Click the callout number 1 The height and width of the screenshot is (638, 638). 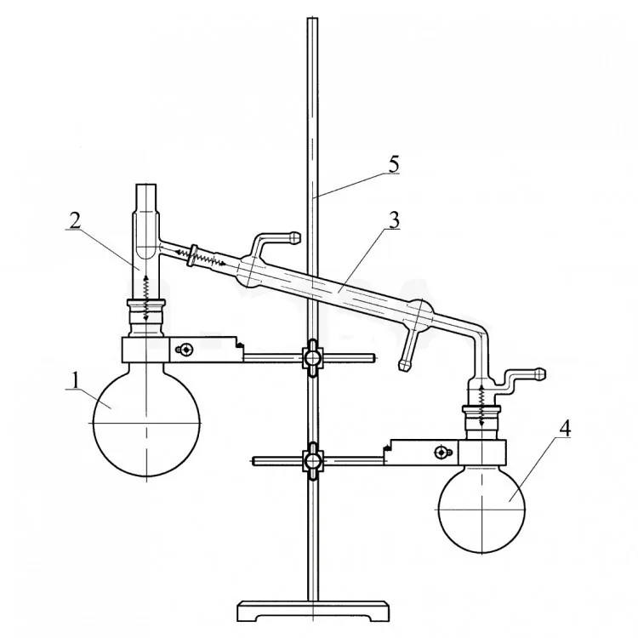tap(75, 380)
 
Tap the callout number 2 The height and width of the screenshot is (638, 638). tap(75, 220)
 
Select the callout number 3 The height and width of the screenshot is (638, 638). tap(394, 220)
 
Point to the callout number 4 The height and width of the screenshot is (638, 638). tap(565, 427)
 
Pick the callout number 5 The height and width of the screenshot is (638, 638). tap(394, 164)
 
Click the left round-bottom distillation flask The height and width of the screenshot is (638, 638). tap(146, 419)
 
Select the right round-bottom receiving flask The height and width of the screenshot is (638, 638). tap(481, 509)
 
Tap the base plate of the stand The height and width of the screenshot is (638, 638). tap(312, 610)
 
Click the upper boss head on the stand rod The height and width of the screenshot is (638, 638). tap(312, 358)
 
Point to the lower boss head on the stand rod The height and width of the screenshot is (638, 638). tap(312, 461)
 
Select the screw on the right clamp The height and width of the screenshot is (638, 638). tap(441, 452)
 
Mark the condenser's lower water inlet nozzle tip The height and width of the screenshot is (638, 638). tap(404, 366)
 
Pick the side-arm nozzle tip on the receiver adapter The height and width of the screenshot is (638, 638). tap(540, 373)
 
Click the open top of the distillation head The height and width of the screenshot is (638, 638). tap(145, 185)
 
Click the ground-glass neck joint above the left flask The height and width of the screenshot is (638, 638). tap(146, 318)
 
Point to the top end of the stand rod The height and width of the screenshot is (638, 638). tap(312, 19)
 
